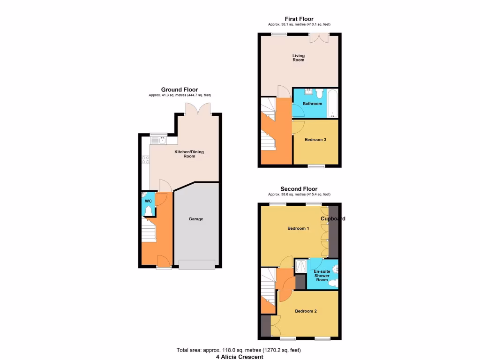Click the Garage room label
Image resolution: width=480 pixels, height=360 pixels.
[x=196, y=219]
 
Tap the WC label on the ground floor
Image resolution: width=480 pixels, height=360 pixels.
[x=148, y=201]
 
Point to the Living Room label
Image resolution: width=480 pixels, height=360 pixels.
[x=298, y=58]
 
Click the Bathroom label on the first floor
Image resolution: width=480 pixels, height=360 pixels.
[x=312, y=104]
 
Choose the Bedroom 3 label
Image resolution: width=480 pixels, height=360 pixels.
[x=315, y=139]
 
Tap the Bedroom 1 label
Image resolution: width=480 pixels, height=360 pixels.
[x=298, y=228]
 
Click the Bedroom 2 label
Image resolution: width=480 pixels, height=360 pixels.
[x=306, y=311]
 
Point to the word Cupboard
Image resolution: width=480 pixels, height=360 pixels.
[x=333, y=219]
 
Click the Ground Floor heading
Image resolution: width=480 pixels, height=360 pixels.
[x=180, y=90]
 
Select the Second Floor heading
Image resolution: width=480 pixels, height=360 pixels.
[x=299, y=189]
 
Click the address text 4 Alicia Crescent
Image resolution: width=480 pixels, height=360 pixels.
[x=240, y=357]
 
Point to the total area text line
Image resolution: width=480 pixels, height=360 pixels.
[x=239, y=350]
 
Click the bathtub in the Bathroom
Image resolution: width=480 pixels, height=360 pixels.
[x=332, y=104]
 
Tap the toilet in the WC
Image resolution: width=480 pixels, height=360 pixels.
[x=149, y=211]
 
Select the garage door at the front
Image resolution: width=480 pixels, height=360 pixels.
[x=197, y=265]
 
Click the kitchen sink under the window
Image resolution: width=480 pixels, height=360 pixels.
[x=158, y=140]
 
